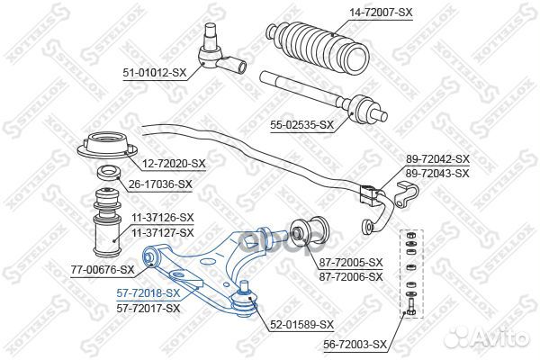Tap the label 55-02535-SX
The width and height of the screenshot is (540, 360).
302,125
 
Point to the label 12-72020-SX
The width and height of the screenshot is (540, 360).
175,164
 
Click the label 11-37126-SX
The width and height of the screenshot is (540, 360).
162,217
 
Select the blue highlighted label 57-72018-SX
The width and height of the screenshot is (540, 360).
148,293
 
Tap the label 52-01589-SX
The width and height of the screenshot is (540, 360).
302,324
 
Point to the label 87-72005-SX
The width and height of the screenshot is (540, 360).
351,262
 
